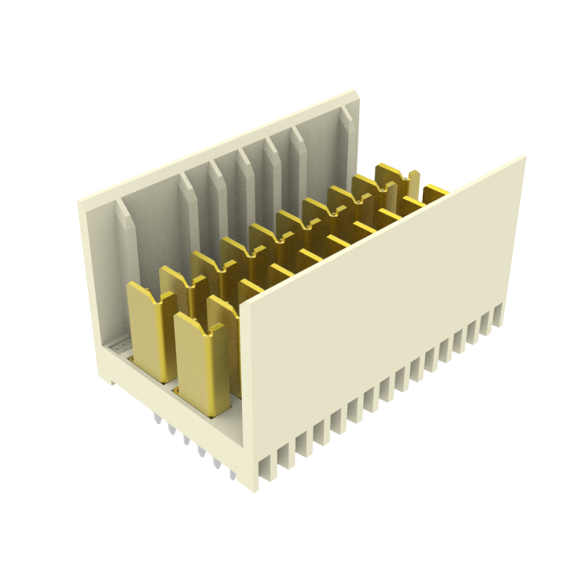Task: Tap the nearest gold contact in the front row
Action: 200,367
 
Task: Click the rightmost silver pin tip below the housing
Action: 232,476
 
